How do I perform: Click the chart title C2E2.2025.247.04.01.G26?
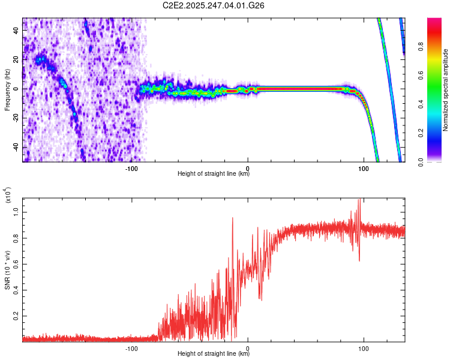click(214, 5)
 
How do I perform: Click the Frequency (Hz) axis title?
click(7, 89)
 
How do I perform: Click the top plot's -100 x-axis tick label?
click(132, 168)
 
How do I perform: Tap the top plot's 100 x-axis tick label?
click(363, 168)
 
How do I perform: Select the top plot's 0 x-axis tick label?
click(248, 168)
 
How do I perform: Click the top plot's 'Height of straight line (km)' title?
click(214, 175)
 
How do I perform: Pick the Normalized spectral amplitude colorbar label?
click(446, 90)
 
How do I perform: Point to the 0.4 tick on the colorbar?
click(437, 104)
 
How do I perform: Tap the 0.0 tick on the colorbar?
click(437, 162)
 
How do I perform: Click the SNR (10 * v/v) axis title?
click(7, 269)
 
